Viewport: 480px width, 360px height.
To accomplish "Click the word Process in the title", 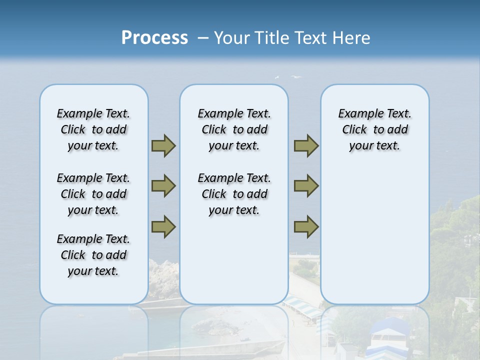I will pos(154,38).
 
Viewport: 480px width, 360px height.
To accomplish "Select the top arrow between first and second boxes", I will pos(163,145).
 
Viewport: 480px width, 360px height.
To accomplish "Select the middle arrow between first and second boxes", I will pos(163,186).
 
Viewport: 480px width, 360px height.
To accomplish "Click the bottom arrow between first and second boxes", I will pos(163,226).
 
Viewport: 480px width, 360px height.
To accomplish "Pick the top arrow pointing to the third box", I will pos(306,145).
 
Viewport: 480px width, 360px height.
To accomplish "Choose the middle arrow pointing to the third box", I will pos(306,186).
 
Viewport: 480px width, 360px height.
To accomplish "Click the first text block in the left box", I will pos(93,129).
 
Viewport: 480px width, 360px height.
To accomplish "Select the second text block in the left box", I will pos(93,194).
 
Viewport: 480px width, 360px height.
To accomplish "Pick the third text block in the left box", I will pos(93,255).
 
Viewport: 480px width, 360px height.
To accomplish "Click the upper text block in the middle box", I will pos(234,129).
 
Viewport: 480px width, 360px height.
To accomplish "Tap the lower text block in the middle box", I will pos(234,194).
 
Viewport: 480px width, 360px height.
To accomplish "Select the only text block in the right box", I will pos(374,129).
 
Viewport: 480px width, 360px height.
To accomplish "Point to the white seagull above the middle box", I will pos(296,77).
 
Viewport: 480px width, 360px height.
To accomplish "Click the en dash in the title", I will pos(203,38).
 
